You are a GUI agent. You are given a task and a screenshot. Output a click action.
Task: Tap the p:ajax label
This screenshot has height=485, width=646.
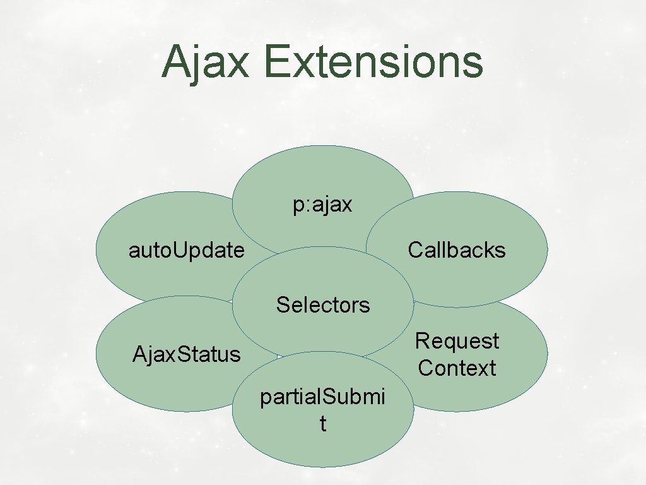[322, 205]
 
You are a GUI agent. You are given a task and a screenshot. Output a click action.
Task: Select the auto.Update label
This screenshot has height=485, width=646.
[186, 251]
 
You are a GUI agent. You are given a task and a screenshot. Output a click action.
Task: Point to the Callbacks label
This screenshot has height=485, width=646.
[457, 250]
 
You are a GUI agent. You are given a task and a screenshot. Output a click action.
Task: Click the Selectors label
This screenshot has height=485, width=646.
[323, 305]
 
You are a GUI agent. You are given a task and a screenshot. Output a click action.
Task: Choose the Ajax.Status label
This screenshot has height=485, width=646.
[186, 354]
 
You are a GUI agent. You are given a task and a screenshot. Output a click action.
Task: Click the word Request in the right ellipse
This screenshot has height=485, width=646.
[457, 341]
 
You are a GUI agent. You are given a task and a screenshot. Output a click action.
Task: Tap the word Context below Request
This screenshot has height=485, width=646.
[457, 368]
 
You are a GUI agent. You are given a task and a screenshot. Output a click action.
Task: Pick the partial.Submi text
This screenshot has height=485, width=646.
[323, 397]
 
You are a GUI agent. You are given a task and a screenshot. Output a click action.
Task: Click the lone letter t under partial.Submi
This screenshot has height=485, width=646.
[323, 424]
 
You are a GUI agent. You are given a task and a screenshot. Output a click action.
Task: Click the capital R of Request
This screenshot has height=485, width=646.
[421, 341]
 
